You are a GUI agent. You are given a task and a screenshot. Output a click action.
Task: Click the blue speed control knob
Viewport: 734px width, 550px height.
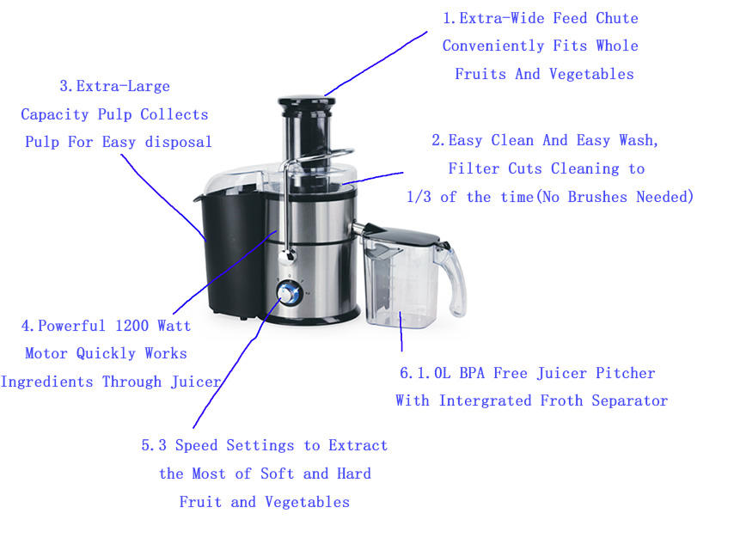coord(289,294)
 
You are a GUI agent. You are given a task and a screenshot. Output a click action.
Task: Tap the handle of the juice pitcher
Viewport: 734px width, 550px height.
coord(453,281)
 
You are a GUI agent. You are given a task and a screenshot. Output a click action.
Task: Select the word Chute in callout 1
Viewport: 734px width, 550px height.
coord(617,18)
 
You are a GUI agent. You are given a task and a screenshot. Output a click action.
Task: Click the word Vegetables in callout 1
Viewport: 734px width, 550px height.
coord(591,74)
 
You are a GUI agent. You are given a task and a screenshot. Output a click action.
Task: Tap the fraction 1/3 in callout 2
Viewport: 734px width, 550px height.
coord(419,197)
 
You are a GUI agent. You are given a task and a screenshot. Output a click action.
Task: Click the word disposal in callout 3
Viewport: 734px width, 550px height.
coord(179,142)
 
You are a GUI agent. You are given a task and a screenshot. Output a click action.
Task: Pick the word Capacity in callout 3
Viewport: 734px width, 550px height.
coord(55,114)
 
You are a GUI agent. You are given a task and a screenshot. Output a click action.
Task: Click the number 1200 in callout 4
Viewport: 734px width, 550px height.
coord(132,326)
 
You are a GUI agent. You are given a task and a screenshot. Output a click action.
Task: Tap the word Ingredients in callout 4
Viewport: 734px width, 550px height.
coord(46,382)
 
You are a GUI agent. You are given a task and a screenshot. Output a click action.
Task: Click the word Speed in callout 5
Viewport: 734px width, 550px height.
coord(197,446)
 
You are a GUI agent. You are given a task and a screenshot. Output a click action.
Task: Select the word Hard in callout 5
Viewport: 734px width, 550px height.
coord(354,474)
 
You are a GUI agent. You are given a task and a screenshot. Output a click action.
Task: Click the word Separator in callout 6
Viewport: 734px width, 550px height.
coord(630,401)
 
